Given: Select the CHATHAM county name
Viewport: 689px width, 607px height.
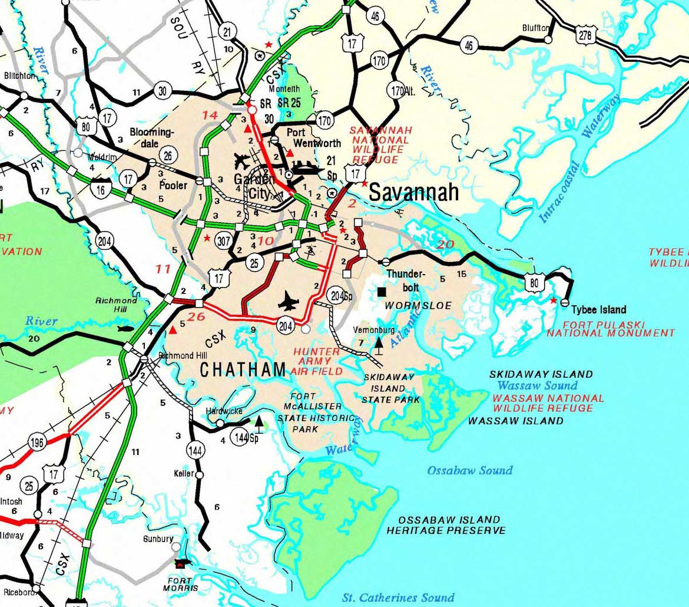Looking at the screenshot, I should [x=243, y=370].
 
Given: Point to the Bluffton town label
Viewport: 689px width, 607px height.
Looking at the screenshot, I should [x=535, y=28].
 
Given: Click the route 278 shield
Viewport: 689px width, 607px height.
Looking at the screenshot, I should [x=584, y=35].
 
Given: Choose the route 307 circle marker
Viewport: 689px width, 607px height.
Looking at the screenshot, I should [x=223, y=240].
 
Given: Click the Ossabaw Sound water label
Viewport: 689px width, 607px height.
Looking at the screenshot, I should [x=469, y=470].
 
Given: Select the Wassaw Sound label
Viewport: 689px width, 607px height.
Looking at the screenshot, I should [x=537, y=385].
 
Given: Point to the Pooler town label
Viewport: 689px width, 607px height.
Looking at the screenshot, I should [x=173, y=186].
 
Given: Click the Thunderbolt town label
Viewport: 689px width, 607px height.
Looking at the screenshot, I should [x=405, y=279].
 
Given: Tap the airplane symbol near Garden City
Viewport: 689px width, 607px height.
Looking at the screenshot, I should [x=241, y=160].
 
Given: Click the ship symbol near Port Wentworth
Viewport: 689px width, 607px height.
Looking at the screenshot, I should [x=304, y=169].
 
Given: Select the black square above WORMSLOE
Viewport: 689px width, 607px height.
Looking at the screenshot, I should [x=382, y=292].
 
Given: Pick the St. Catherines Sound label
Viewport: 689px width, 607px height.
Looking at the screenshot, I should [x=399, y=597].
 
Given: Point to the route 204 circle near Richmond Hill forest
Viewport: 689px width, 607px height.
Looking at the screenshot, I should [x=105, y=241].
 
